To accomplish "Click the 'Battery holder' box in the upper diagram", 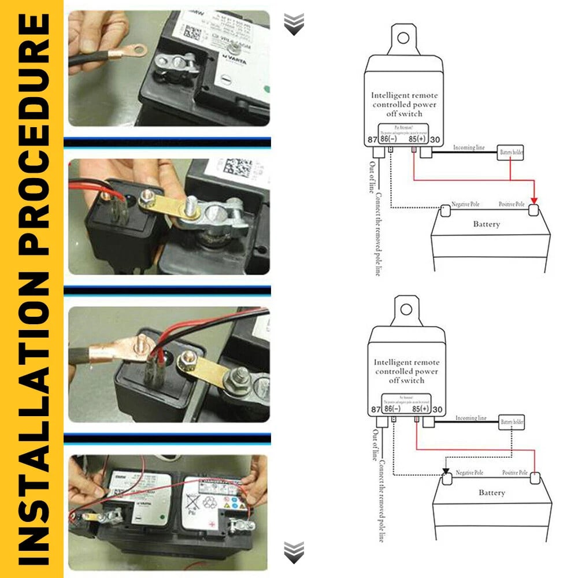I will [511, 153].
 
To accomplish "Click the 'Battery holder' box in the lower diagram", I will [512, 422].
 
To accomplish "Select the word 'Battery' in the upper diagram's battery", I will [486, 224].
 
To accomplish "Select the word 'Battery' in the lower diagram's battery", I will [492, 493].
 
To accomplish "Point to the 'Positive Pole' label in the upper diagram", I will [512, 205].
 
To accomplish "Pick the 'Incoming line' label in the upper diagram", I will [469, 148].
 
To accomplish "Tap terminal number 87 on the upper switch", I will [372, 139].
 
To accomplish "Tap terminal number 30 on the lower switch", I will [437, 409].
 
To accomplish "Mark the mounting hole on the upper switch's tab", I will [403, 38].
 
